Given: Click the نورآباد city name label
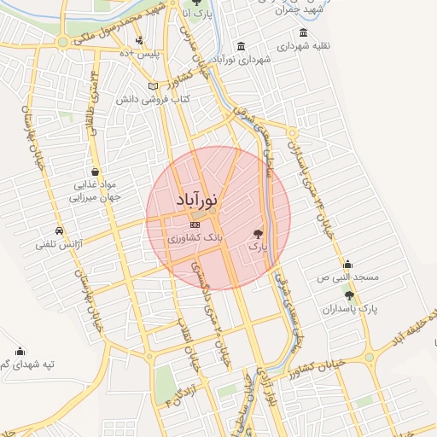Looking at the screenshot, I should pos(198,200).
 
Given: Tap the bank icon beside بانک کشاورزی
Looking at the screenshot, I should pos(195,224).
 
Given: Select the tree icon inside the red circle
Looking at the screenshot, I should pos(258,232).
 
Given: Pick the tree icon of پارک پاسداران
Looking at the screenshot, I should pos(349,294).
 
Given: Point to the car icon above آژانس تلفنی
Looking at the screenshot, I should pos(58,231).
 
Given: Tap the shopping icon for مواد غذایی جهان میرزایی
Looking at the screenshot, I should pos(96,172).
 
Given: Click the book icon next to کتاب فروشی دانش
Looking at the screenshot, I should pos(154,86).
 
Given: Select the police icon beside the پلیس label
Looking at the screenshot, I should pos(139,39).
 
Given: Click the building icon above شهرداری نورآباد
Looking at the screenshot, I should pos(242,45).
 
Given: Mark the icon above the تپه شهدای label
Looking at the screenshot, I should pos(20,350).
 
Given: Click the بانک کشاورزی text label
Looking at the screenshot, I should pos(195,238).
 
